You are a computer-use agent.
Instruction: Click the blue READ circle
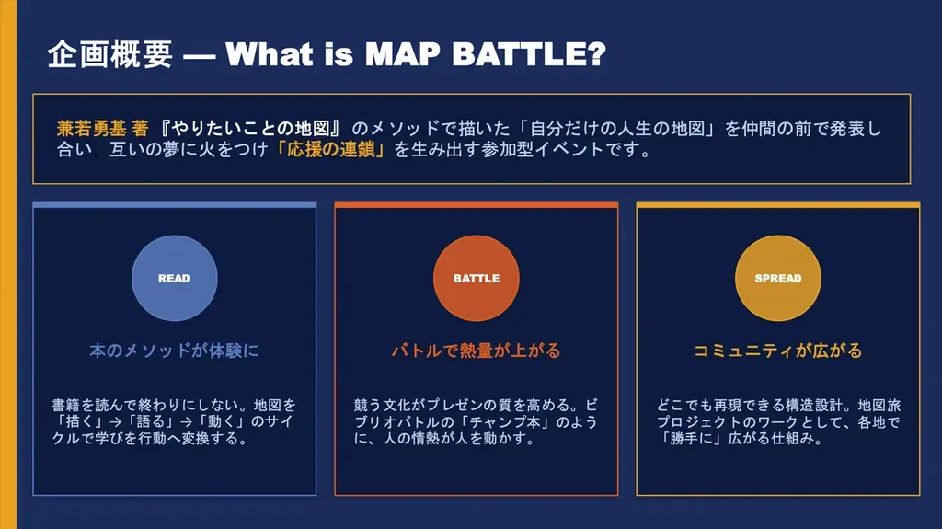[x=174, y=278]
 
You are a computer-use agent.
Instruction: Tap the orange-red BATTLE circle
[x=476, y=278]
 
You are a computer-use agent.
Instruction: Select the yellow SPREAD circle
[x=777, y=278]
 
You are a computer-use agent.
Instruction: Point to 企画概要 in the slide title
[x=109, y=54]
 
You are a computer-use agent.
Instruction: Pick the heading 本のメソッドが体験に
[x=174, y=351]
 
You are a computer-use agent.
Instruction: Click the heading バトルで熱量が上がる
[x=476, y=351]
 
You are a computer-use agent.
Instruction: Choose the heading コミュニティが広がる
[x=777, y=351]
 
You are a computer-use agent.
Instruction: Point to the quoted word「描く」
[x=75, y=421]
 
